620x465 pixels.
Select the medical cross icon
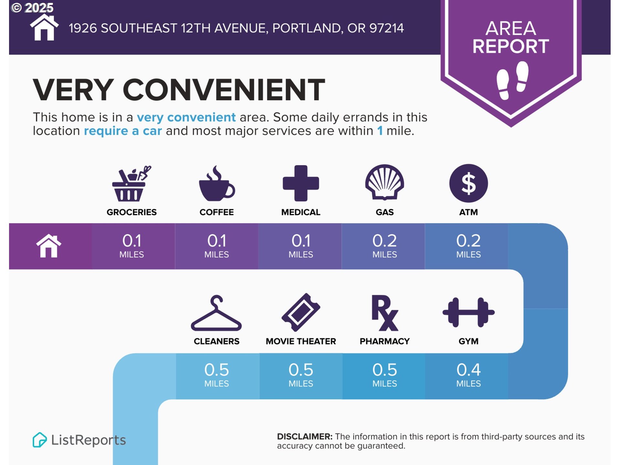click(x=301, y=183)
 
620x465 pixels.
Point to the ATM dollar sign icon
click(x=469, y=183)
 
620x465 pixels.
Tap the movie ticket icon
click(x=301, y=312)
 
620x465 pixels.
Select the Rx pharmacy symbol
click(x=385, y=313)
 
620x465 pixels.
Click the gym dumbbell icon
click(x=469, y=312)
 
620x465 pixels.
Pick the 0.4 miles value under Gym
click(x=469, y=375)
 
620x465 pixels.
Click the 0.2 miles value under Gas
click(x=385, y=245)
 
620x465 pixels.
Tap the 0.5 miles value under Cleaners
click(x=216, y=375)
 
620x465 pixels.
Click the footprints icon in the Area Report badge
click(x=512, y=80)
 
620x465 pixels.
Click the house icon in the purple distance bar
click(x=49, y=246)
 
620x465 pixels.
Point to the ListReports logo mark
click(x=40, y=440)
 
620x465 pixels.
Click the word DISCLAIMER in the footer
click(x=305, y=437)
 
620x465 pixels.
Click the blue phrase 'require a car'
click(x=123, y=131)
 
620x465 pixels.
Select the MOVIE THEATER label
click(x=301, y=341)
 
